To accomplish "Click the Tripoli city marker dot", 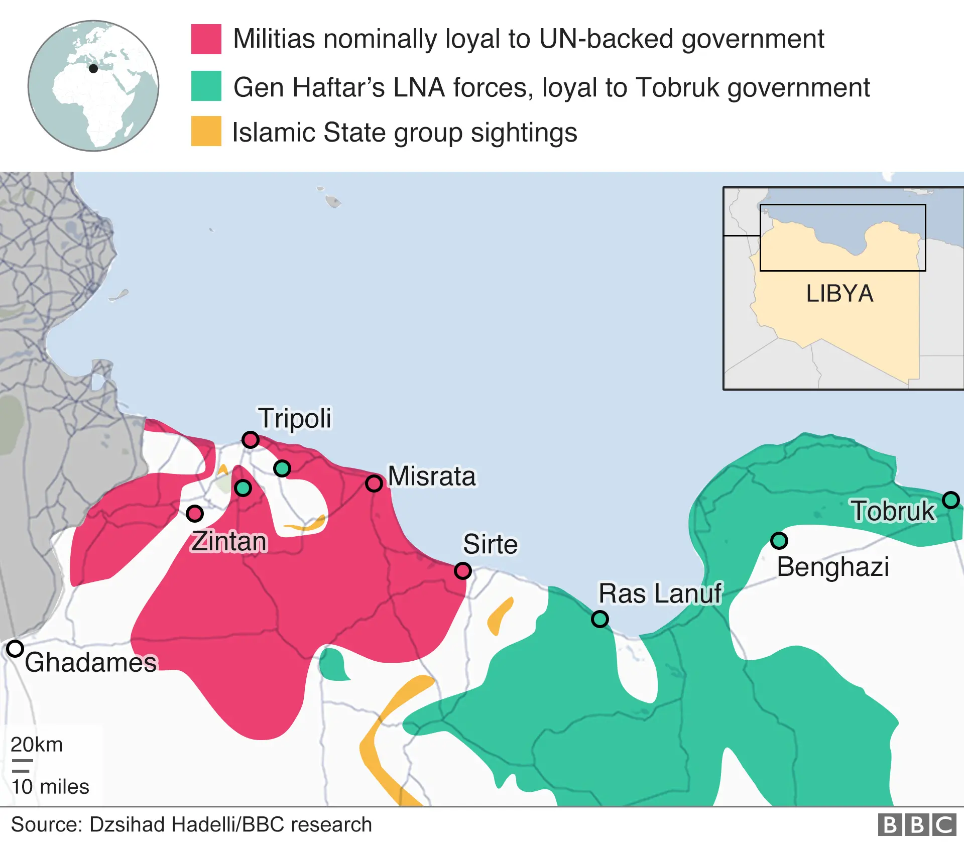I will [x=250, y=440].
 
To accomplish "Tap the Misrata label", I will [x=432, y=476].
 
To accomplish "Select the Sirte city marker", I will [x=462, y=571].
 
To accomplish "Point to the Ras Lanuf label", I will [x=660, y=593].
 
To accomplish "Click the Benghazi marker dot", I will [x=779, y=541].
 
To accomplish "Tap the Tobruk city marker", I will [x=950, y=500].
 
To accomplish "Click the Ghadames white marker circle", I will [x=15, y=649].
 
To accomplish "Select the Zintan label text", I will [x=229, y=541].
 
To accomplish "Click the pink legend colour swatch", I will [x=206, y=39].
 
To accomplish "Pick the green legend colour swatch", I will [x=206, y=86].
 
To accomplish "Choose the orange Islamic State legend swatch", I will [x=206, y=131].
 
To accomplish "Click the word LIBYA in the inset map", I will [x=839, y=294].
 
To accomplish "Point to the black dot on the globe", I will [x=93, y=69].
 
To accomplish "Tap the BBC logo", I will [x=917, y=825].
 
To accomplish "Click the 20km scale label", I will [x=37, y=745].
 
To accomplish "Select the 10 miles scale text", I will [x=50, y=787].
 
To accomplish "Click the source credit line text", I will [x=191, y=825].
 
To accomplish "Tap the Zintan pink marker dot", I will [x=194, y=514].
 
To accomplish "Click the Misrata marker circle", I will [x=374, y=484].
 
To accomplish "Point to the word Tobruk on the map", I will [x=893, y=511].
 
